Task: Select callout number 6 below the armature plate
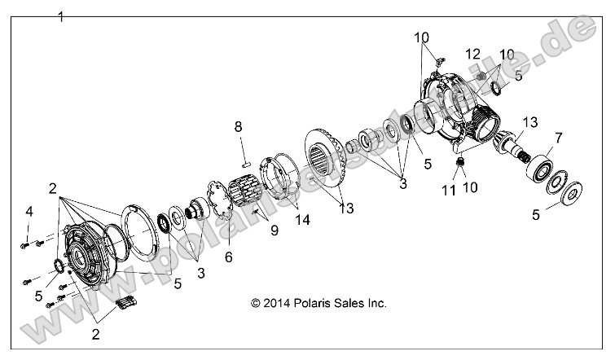click(x=228, y=256)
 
